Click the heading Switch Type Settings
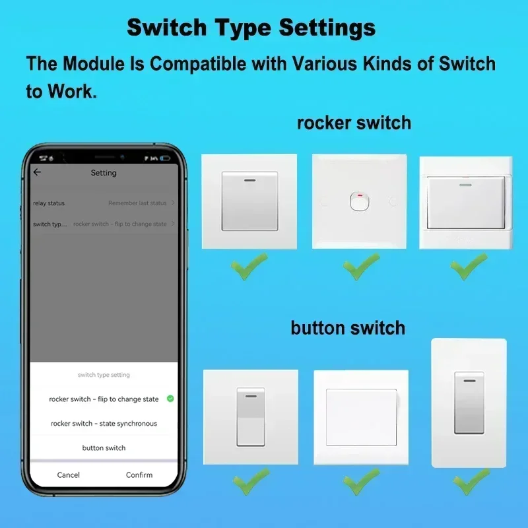[251, 28]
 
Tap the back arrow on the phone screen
[37, 172]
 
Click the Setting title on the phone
[104, 173]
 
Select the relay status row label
[49, 203]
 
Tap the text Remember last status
[137, 203]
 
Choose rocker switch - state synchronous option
[104, 424]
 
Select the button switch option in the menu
[104, 448]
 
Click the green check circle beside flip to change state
[170, 399]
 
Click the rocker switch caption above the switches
[354, 123]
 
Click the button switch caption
[348, 327]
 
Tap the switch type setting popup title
[104, 375]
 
